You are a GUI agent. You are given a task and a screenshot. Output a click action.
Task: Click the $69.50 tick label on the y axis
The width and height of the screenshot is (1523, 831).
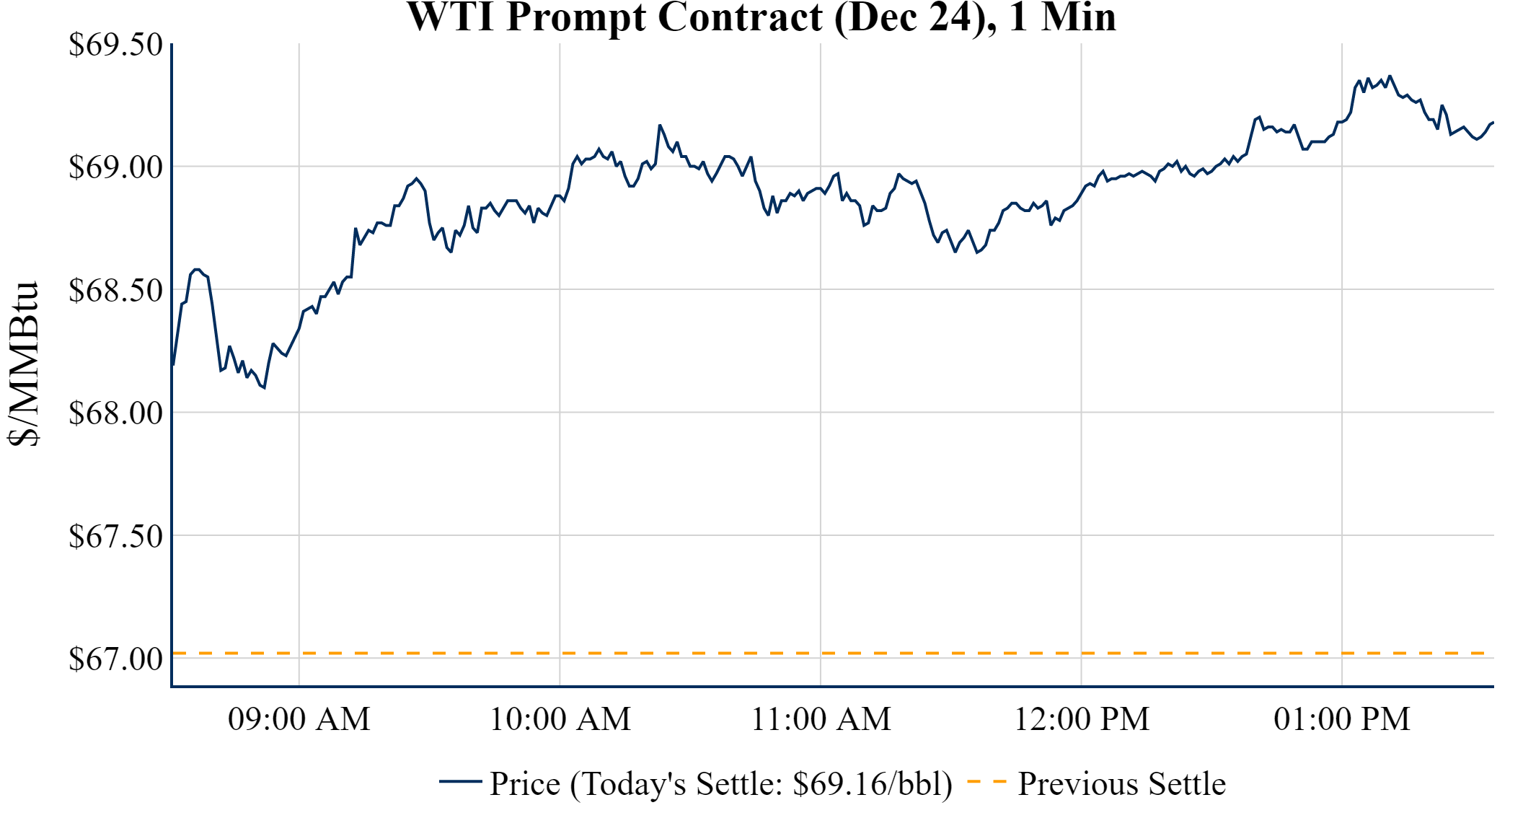coord(115,45)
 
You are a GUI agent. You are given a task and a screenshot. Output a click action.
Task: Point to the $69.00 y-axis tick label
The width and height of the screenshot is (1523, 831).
coord(115,167)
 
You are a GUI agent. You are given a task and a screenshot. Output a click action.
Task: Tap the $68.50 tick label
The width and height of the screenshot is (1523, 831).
coord(115,291)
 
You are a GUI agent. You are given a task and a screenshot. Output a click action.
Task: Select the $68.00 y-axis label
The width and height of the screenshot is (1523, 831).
coord(115,413)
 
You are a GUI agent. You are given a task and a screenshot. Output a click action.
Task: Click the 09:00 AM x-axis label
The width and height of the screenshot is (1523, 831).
coord(299,719)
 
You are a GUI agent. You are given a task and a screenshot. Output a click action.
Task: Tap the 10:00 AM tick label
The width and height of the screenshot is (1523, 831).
coord(560,719)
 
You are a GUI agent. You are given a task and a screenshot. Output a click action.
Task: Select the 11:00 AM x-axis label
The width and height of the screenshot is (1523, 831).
coord(821,719)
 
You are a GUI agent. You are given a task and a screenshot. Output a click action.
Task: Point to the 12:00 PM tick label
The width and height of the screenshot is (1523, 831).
coord(1082,719)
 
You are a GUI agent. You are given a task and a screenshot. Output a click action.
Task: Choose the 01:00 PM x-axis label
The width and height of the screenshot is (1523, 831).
coord(1342,719)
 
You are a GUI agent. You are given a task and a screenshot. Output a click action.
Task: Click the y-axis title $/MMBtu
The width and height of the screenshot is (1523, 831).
coord(23,364)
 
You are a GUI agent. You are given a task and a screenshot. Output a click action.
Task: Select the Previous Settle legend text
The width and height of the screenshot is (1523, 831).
coord(1121,784)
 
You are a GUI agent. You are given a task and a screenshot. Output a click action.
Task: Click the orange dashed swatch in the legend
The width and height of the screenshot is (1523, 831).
coord(986,782)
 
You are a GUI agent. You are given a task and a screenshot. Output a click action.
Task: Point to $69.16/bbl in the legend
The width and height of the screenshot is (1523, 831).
coord(872,784)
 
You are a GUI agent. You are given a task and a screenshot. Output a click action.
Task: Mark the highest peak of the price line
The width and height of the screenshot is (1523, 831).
coord(1390,76)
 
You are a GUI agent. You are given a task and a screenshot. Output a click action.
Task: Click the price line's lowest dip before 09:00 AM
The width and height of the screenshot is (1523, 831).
coord(264,388)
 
